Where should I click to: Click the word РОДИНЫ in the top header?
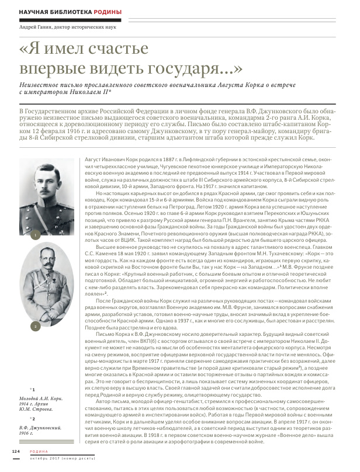(105, 12)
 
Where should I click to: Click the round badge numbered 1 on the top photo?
(36, 235)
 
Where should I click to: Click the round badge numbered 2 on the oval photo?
(36, 325)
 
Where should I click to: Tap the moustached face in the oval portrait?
(49, 263)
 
